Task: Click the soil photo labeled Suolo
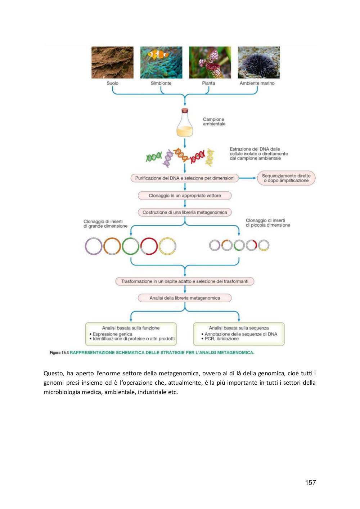click(112, 62)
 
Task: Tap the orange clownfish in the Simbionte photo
click(158, 54)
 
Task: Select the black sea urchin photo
click(259, 62)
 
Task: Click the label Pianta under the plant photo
click(208, 83)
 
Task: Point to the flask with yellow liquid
click(185, 123)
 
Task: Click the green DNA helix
click(154, 157)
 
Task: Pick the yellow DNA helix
click(210, 157)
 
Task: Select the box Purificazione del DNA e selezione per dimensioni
click(185, 178)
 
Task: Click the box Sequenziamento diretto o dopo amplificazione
click(286, 178)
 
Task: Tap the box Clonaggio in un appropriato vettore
click(185, 196)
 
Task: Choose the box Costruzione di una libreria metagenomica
click(185, 213)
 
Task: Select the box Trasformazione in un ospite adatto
click(185, 281)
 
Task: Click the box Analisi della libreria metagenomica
click(185, 298)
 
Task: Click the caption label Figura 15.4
click(59, 353)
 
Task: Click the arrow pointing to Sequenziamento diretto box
click(248, 178)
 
